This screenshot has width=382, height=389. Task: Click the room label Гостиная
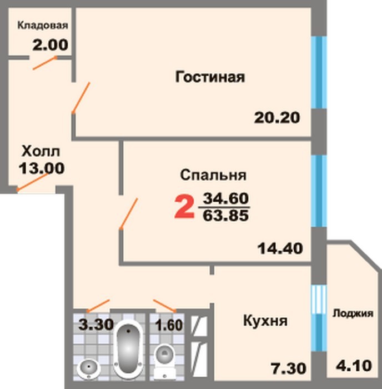point(210,77)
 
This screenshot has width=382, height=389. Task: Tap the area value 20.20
point(277,118)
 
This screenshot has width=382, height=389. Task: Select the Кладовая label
point(43,26)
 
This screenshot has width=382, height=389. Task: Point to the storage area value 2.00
point(50,45)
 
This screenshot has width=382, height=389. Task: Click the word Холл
point(41,151)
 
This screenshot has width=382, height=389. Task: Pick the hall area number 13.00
point(42,168)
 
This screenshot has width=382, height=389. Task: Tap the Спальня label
point(213,175)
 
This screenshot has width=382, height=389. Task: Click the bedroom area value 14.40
point(280,248)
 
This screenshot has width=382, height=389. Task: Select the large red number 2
point(184,206)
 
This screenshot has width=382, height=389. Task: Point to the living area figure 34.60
point(225,198)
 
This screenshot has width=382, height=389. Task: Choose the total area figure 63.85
point(225,216)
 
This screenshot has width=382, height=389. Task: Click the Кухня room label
point(265,321)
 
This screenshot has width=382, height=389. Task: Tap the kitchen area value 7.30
point(288,368)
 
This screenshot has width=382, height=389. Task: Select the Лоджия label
point(353,313)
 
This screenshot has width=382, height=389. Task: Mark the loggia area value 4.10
point(354,366)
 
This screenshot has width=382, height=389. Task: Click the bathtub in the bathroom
point(128,350)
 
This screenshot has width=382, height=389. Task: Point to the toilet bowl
point(165,361)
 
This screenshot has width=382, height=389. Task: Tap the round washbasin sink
point(88,369)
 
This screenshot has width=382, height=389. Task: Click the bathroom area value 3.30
point(96,325)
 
